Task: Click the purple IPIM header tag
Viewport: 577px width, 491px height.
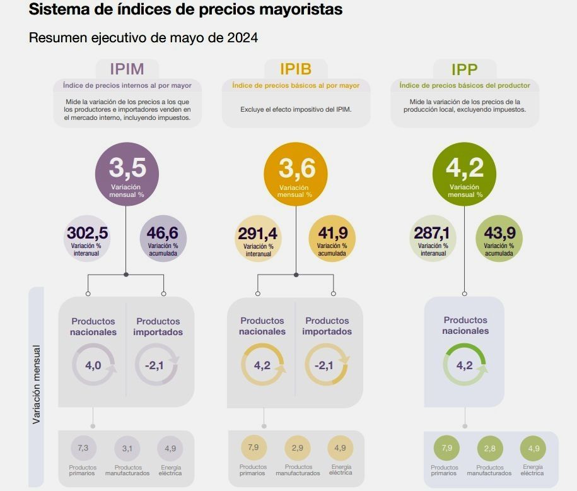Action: [x=127, y=69]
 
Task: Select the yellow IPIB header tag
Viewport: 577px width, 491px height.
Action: [x=296, y=69]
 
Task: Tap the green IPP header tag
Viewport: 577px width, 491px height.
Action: [x=464, y=69]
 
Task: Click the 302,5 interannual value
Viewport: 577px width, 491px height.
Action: [x=88, y=233]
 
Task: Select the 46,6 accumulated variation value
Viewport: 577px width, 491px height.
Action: [x=163, y=233]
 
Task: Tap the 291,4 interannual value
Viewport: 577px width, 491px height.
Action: [x=258, y=234]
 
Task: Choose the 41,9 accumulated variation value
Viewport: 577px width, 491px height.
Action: [x=332, y=233]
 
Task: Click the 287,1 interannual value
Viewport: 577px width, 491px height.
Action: [x=431, y=233]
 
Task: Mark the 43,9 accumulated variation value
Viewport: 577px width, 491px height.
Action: [x=499, y=233]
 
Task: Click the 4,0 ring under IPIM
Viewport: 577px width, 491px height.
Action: [x=93, y=365]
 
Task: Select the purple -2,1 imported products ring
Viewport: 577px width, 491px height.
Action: [x=157, y=365]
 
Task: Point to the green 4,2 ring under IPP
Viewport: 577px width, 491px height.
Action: [x=464, y=365]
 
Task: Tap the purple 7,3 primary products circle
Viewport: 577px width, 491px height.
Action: [x=83, y=448]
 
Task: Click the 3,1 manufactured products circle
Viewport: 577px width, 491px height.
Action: [x=127, y=449]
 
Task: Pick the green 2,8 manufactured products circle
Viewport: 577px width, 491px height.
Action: [x=489, y=449]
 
